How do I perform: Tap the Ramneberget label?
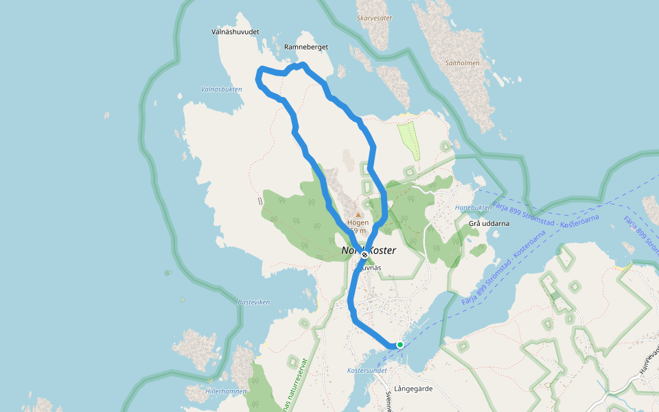pos(306,47)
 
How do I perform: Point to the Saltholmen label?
pos(462,62)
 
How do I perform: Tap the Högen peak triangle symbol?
pos(358,214)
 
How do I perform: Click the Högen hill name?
pos(358,222)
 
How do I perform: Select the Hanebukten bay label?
pos(473,207)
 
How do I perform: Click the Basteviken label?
pos(254,302)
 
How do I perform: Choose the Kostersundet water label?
pos(368,371)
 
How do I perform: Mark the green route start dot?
pos(400,345)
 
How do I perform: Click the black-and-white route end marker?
pos(365,255)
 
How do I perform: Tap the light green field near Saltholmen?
pos(409,139)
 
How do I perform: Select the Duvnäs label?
pos(371,267)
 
